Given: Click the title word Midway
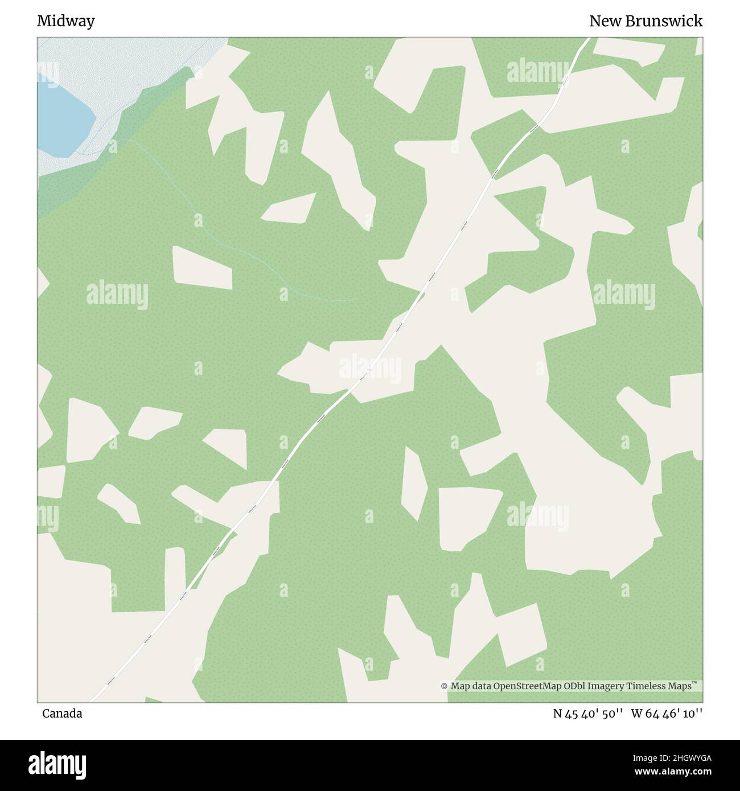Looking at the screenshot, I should click(65, 21).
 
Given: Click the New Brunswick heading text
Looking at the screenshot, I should click(646, 21).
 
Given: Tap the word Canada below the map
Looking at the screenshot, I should click(62, 714).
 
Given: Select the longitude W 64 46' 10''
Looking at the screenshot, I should click(666, 714).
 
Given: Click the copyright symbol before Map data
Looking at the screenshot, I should click(444, 687).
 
